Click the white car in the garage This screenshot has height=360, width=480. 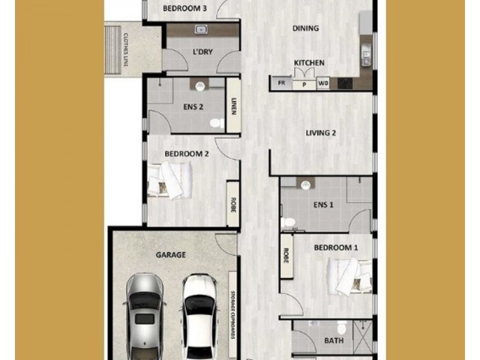pyautogui.click(x=200, y=317)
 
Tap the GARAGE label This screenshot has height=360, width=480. pyautogui.click(x=170, y=254)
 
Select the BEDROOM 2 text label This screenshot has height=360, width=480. pyautogui.click(x=187, y=154)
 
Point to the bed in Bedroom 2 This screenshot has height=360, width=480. pyautogui.click(x=170, y=181)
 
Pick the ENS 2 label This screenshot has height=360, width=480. pyautogui.click(x=193, y=107)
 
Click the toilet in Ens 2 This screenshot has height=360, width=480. pyautogui.click(x=217, y=123)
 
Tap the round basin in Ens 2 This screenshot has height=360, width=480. pyautogui.click(x=200, y=86)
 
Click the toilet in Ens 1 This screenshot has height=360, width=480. pyautogui.click(x=288, y=222)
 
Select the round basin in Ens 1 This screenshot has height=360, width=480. pyautogui.click(x=305, y=185)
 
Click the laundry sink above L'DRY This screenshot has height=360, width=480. pyautogui.click(x=201, y=29)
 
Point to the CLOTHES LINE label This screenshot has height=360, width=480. pyautogui.click(x=125, y=50)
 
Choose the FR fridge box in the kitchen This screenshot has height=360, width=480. pyautogui.click(x=281, y=83)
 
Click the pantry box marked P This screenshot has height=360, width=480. pyautogui.click(x=304, y=85)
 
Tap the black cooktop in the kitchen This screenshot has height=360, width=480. pyautogui.click(x=346, y=83)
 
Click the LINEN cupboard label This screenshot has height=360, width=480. pyautogui.click(x=233, y=106)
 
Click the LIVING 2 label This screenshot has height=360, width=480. pyautogui.click(x=321, y=133)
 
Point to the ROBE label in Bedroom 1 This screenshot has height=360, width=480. pyautogui.click(x=286, y=256)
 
